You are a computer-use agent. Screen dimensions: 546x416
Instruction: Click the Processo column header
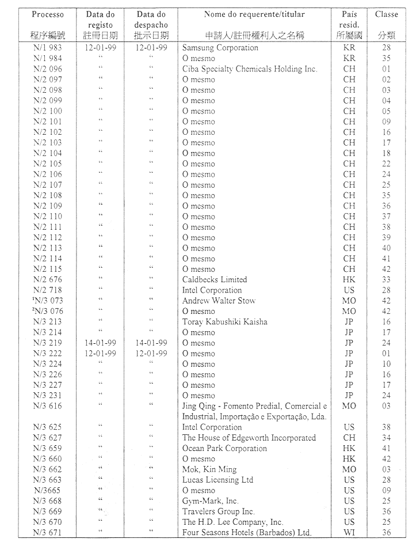(x=48, y=14)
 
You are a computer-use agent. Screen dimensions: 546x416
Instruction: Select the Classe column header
(x=386, y=14)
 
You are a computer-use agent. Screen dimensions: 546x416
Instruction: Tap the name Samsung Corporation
(x=220, y=48)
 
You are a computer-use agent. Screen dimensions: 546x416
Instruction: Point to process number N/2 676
(x=48, y=279)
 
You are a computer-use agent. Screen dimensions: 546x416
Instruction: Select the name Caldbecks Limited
(x=215, y=279)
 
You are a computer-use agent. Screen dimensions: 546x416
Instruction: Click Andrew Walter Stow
(x=219, y=301)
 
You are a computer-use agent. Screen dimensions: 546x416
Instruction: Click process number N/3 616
(x=48, y=406)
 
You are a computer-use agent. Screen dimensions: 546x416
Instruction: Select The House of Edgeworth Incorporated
(x=249, y=438)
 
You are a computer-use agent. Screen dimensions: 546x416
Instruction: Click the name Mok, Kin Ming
(x=209, y=469)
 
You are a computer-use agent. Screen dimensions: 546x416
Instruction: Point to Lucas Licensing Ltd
(x=218, y=480)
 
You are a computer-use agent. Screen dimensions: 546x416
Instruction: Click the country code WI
(x=349, y=533)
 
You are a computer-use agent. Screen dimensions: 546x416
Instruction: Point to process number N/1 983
(x=48, y=48)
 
